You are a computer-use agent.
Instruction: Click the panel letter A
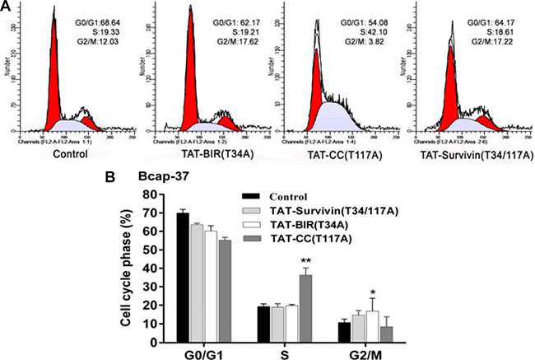[6, 7]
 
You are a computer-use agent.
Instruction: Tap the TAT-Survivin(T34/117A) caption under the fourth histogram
[469, 153]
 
